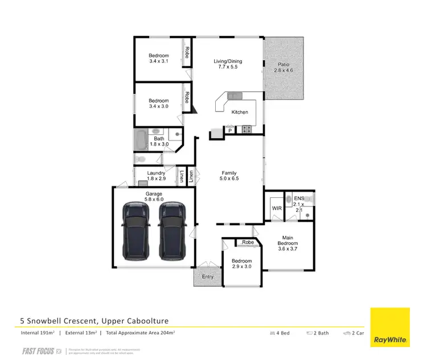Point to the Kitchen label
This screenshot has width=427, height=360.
tap(240, 112)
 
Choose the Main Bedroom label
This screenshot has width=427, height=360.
tap(288, 241)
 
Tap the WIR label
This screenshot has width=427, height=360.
tap(277, 209)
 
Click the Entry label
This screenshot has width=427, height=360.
tap(207, 277)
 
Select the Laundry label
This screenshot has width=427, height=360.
tap(156, 176)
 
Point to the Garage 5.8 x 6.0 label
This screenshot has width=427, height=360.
tap(154, 197)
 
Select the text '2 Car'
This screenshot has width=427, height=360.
tap(355, 333)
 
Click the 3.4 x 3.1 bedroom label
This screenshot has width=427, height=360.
tap(159, 58)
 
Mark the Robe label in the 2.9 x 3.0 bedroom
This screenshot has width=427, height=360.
tap(248, 242)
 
